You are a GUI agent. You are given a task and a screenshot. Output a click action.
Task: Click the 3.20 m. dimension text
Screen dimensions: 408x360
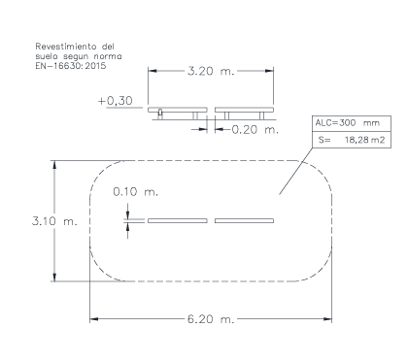(x=211, y=71)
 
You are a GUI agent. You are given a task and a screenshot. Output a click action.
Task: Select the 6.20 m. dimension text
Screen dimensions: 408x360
(x=211, y=319)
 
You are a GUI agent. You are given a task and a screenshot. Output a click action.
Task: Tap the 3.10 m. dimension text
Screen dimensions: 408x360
(x=54, y=221)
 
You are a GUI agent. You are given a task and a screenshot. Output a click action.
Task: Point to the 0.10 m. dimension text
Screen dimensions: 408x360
(x=136, y=192)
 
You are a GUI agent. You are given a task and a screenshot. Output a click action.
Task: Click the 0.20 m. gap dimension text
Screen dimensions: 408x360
(x=255, y=129)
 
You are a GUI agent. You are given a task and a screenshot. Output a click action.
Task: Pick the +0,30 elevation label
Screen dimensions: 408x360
(x=116, y=101)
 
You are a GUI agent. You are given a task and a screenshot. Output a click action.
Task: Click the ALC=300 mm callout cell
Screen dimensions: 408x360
(x=352, y=123)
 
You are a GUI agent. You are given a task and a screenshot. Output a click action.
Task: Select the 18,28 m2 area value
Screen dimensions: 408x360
(x=365, y=140)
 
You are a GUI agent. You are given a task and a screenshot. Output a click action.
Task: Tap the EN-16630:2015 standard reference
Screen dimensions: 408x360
(x=71, y=66)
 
